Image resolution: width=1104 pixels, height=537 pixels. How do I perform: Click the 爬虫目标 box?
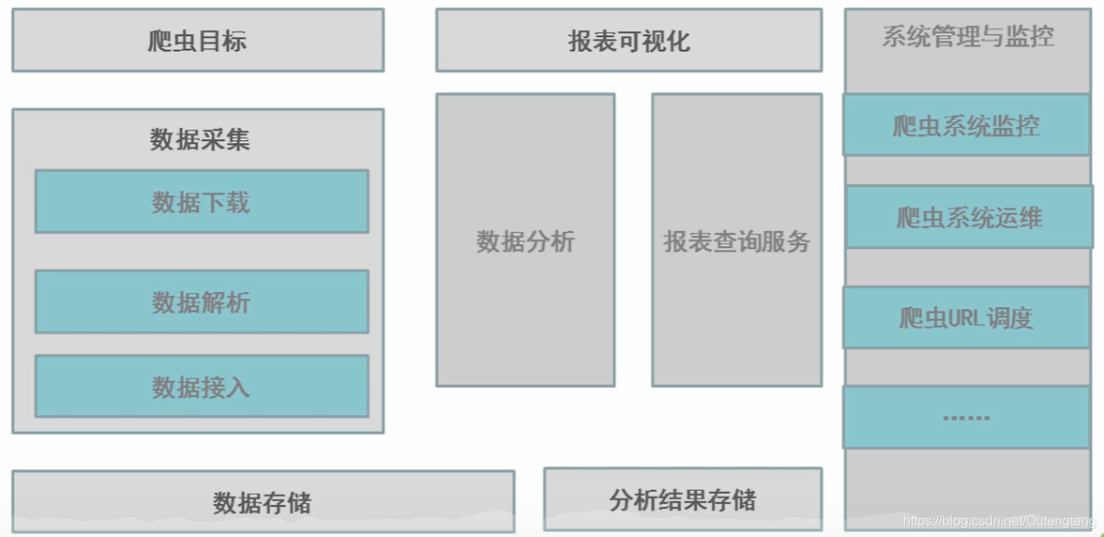pyautogui.click(x=197, y=40)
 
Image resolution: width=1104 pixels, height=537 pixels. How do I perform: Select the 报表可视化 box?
pyautogui.click(x=629, y=40)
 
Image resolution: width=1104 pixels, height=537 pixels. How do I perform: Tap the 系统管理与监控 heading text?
pyautogui.click(x=968, y=36)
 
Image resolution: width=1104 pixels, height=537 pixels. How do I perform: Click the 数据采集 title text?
pyautogui.click(x=200, y=139)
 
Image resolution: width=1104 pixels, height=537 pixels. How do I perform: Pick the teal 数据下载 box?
pyautogui.click(x=202, y=202)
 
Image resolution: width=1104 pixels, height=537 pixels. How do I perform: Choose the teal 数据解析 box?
pyautogui.click(x=202, y=302)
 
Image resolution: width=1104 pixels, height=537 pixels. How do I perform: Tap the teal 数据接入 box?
pyautogui.click(x=202, y=386)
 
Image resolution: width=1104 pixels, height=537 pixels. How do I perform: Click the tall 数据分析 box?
pyautogui.click(x=525, y=241)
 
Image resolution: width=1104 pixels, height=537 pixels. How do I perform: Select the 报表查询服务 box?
pyautogui.click(x=736, y=241)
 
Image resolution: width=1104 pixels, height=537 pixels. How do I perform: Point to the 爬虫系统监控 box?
pyautogui.click(x=966, y=125)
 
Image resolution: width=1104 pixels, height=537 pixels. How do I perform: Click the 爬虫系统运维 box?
pyautogui.click(x=969, y=218)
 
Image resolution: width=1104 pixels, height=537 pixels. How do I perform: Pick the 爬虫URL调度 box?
pyautogui.click(x=966, y=318)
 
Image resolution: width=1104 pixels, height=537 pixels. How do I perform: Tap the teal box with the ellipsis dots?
pyautogui.click(x=966, y=417)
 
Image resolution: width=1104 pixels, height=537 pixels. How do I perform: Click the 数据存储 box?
pyautogui.click(x=263, y=501)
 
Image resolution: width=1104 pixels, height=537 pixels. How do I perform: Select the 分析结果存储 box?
pyautogui.click(x=682, y=499)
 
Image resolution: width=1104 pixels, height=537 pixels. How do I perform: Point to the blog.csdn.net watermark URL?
pyautogui.click(x=1000, y=521)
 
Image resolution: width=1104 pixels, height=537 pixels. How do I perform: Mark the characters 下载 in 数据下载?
pyautogui.click(x=225, y=202)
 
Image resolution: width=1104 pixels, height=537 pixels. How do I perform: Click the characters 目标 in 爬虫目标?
pyautogui.click(x=222, y=40)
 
